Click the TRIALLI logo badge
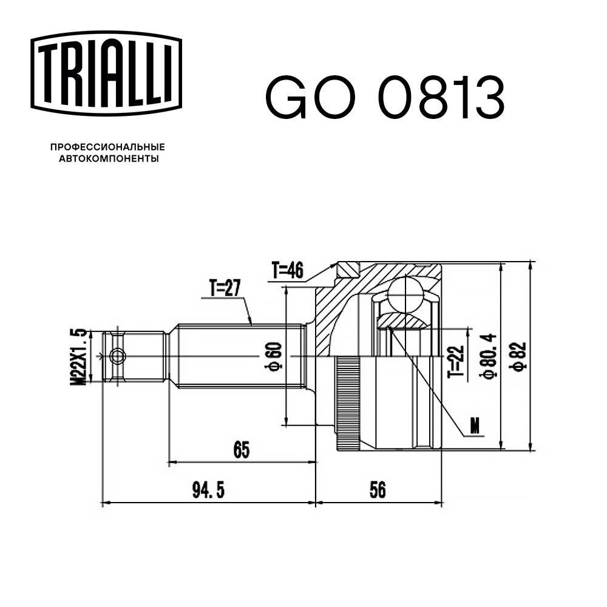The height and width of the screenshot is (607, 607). (106, 73)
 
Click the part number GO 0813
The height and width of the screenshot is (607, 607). (385, 98)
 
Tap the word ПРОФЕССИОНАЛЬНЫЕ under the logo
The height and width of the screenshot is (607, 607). (107, 147)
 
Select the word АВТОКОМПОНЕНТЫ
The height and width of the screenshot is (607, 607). (109, 158)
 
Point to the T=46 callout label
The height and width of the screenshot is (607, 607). (288, 270)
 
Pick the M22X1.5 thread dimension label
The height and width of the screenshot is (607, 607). (78, 356)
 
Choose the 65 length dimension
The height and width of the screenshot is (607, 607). (242, 449)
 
